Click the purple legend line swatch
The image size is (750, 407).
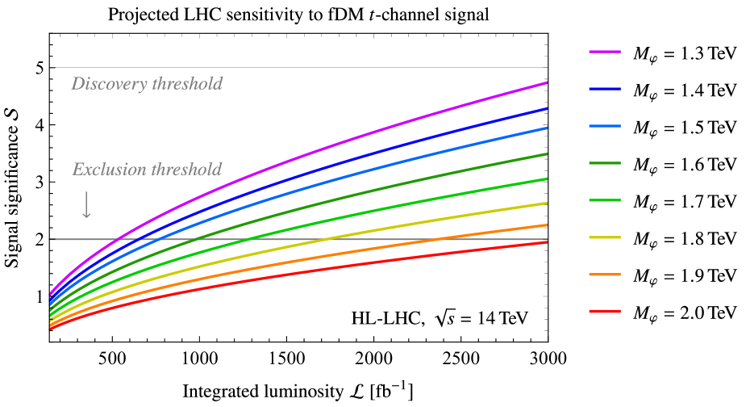604,52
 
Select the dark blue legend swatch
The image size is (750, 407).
604,89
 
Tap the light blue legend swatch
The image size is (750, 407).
604,126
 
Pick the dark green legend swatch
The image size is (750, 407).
604,163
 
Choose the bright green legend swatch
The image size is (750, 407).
604,200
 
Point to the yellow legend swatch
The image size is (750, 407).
604,237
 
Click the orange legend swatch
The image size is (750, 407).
604,275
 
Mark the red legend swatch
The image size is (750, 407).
604,312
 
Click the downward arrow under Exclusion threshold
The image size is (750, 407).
86,205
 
